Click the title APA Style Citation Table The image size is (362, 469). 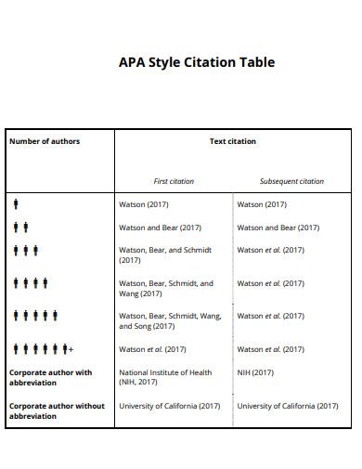(197, 63)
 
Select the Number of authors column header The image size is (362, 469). (45, 141)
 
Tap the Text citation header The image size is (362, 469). (233, 141)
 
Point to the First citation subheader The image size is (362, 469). (174, 181)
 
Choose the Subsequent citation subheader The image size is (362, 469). (291, 181)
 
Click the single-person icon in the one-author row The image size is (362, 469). (16, 203)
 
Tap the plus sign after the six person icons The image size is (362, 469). (71, 349)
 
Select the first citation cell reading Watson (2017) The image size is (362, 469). (144, 203)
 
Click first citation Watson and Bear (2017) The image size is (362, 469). (161, 227)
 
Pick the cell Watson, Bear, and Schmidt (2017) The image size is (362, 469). (165, 255)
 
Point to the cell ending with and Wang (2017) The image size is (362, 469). (165, 289)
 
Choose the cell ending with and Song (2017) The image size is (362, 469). (170, 321)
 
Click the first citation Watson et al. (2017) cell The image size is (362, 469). (153, 349)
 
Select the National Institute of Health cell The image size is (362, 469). (165, 377)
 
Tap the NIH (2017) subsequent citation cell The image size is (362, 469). (255, 372)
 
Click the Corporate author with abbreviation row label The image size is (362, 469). (50, 377)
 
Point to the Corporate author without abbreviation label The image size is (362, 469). (57, 410)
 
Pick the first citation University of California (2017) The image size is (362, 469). (170, 406)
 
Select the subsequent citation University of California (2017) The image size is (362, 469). (288, 406)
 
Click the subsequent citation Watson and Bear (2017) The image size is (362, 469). (278, 227)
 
